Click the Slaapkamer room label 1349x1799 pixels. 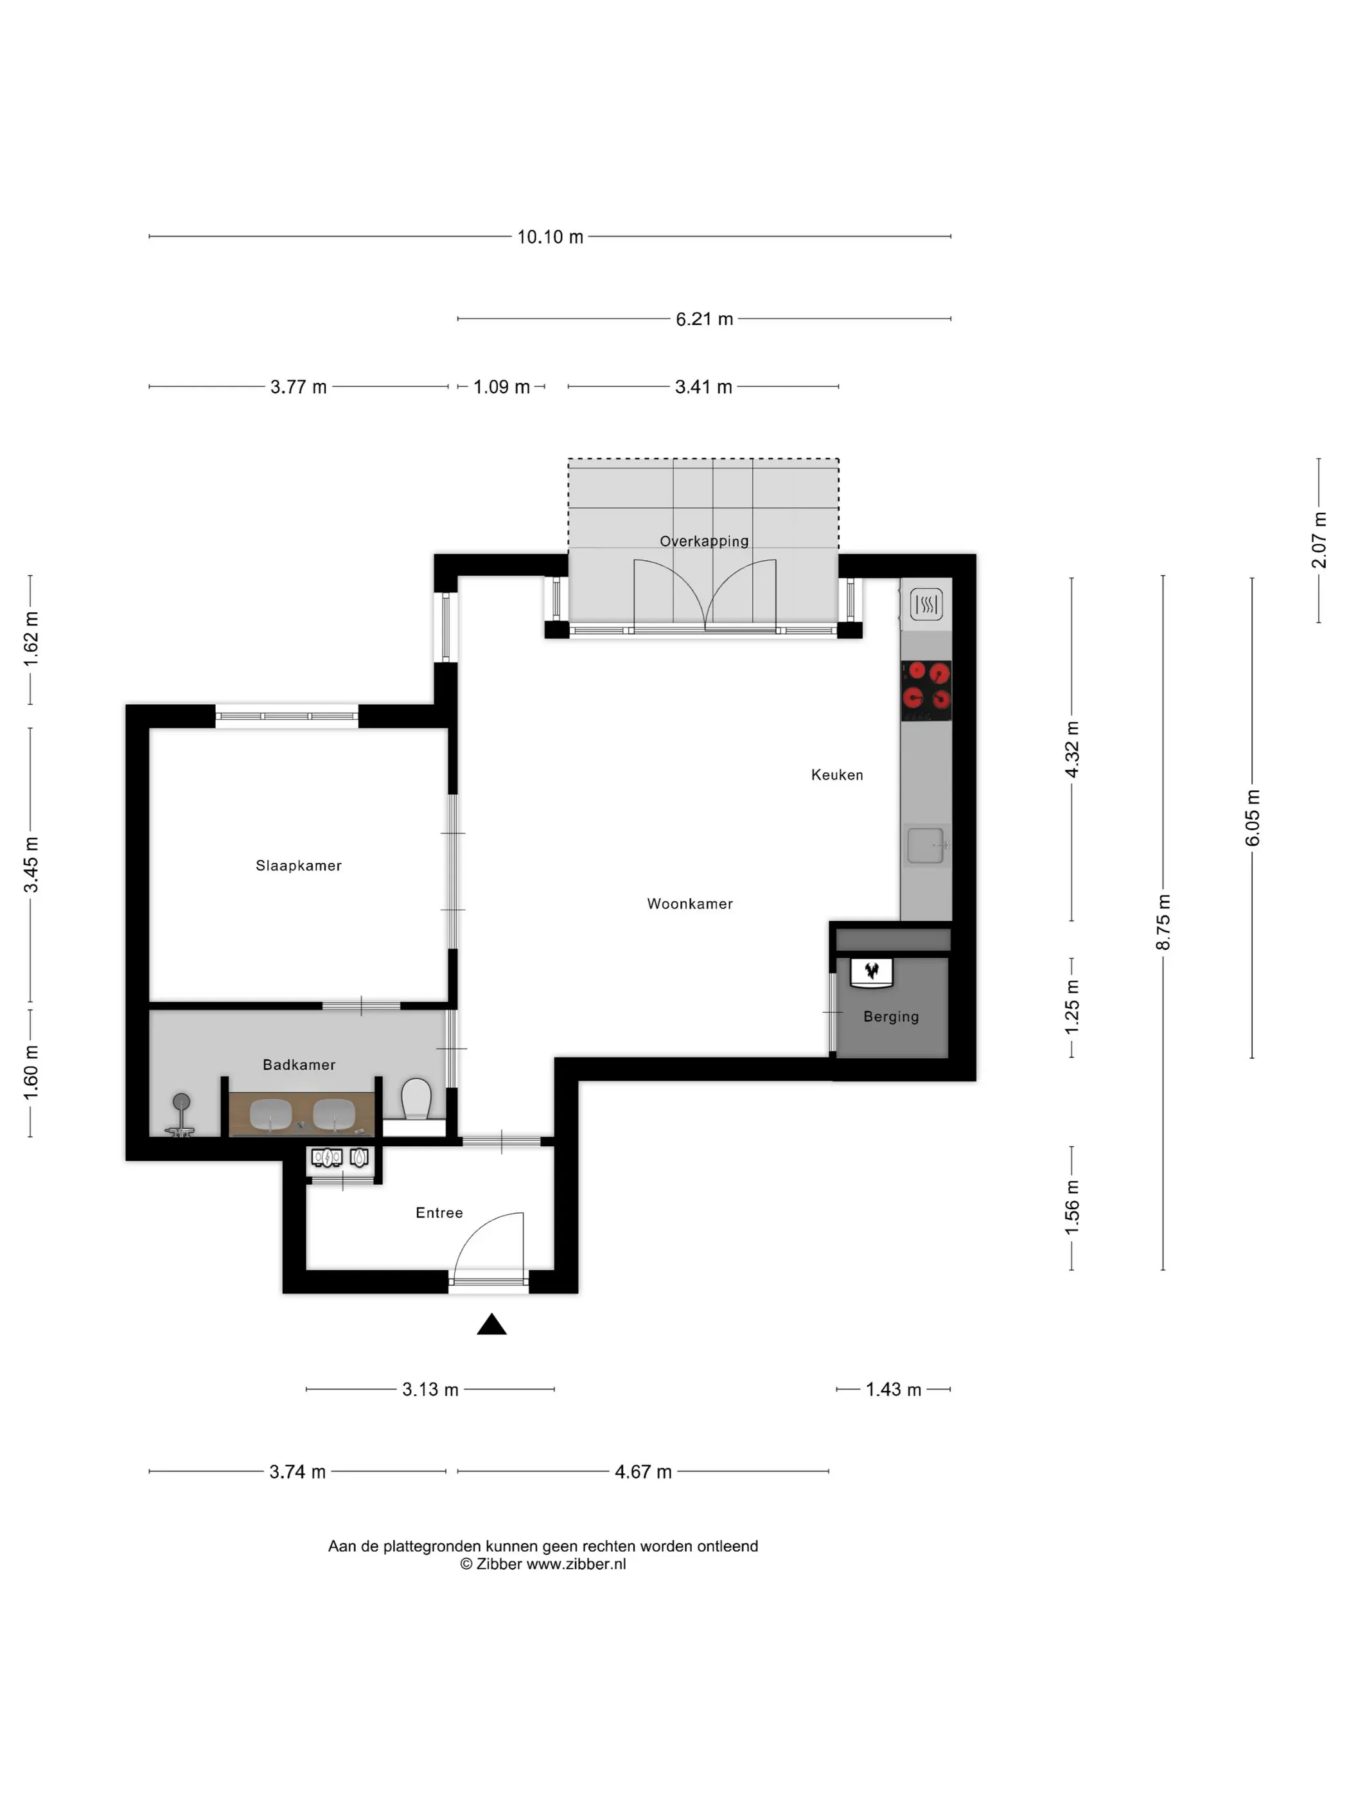pyautogui.click(x=299, y=865)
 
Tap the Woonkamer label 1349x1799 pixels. pyautogui.click(x=689, y=903)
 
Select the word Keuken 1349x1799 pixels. pyautogui.click(x=837, y=775)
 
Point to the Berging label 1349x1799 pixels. pyautogui.click(x=891, y=1016)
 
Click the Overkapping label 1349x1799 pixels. pyautogui.click(x=704, y=542)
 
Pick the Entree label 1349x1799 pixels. pyautogui.click(x=439, y=1212)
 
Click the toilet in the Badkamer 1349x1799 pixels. pyautogui.click(x=416, y=1099)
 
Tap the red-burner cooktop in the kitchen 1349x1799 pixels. pyautogui.click(x=926, y=691)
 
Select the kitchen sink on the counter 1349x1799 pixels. pyautogui.click(x=926, y=846)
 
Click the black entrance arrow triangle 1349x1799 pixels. pyautogui.click(x=491, y=1325)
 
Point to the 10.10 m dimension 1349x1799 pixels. pyautogui.click(x=551, y=236)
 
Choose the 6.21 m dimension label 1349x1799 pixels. pyautogui.click(x=704, y=319)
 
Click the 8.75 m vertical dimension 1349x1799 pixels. pyautogui.click(x=1163, y=921)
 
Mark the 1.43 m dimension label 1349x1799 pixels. pyautogui.click(x=893, y=1389)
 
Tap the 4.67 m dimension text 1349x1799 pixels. pyautogui.click(x=643, y=1471)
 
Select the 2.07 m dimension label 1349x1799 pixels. pyautogui.click(x=1318, y=540)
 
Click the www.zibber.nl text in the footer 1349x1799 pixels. pyautogui.click(x=576, y=1564)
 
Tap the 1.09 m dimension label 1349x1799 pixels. pyautogui.click(x=502, y=387)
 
